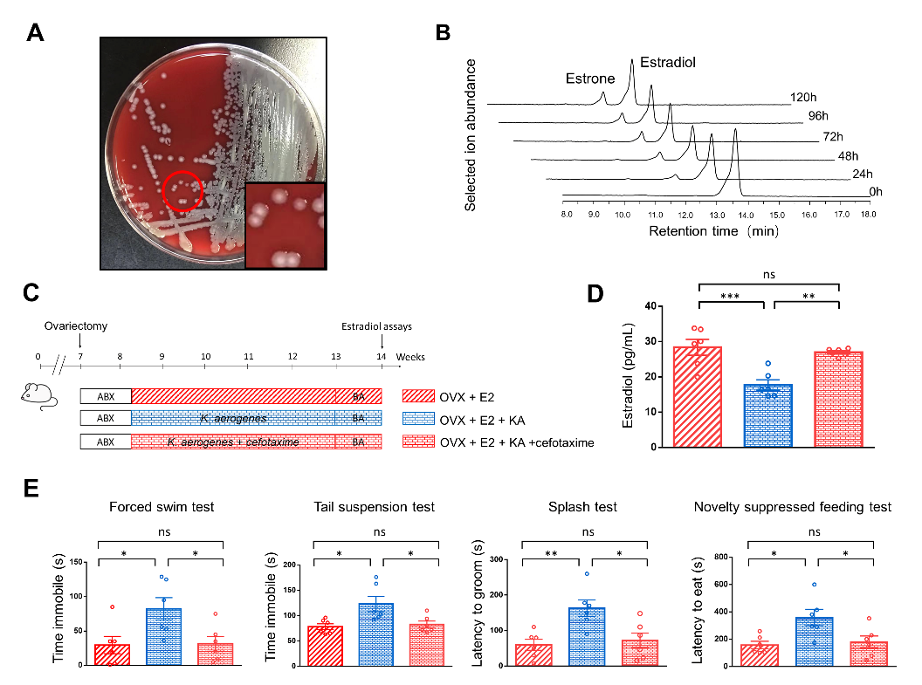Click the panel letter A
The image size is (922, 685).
pyautogui.click(x=36, y=34)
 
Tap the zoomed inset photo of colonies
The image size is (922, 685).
pyautogui.click(x=285, y=224)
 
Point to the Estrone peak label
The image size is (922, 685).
pyautogui.click(x=591, y=79)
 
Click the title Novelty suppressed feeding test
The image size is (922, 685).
pyautogui.click(x=792, y=507)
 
